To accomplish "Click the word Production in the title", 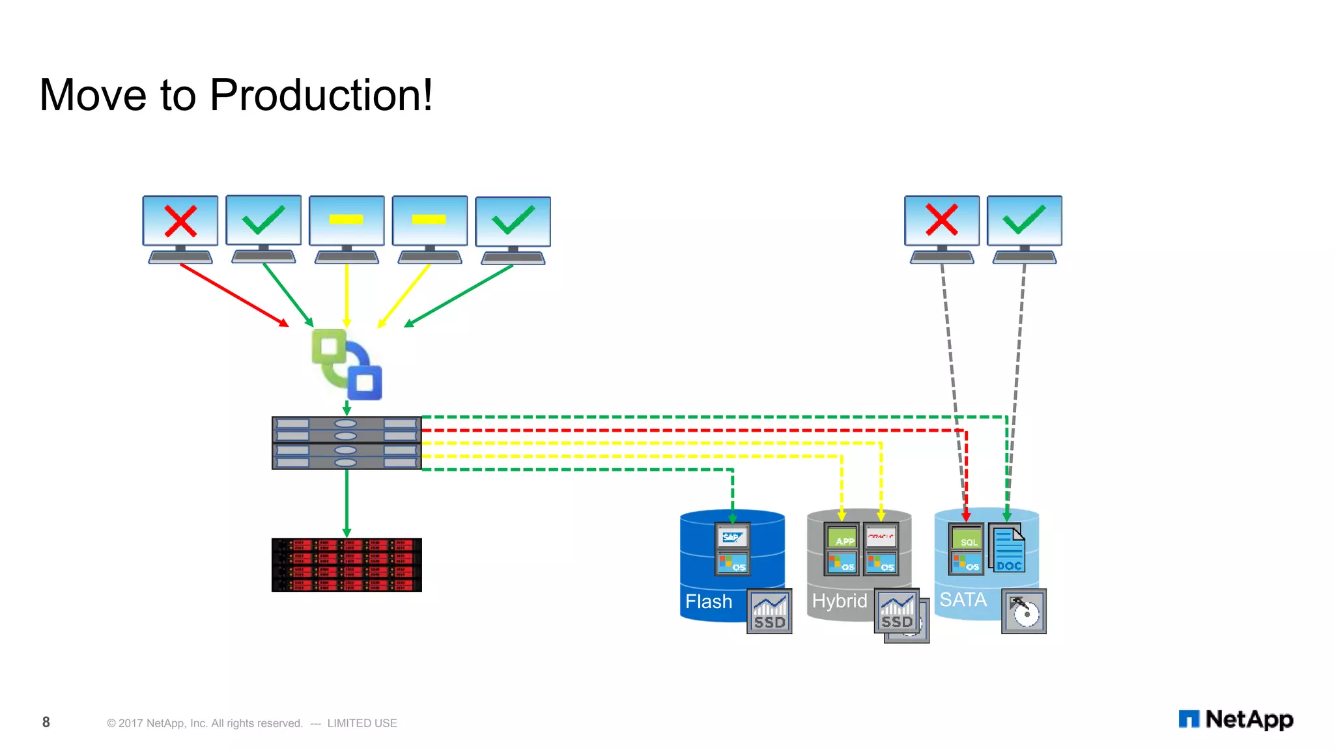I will click(320, 95).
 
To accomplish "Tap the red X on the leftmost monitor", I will click(180, 221).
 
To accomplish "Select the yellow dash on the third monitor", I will click(346, 219).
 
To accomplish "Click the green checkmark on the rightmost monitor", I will click(1025, 219).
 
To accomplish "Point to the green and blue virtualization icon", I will click(347, 365).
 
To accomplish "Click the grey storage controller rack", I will click(347, 443).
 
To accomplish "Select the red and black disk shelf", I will click(347, 564).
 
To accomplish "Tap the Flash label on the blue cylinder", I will click(709, 601).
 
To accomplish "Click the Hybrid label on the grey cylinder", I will click(839, 600).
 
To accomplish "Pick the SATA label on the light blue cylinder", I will click(963, 599).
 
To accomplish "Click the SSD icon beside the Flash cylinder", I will click(769, 611).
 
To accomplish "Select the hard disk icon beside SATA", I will click(1024, 611).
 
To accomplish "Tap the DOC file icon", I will click(1008, 550).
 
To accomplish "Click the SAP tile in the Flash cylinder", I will click(732, 537).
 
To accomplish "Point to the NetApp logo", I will click(1236, 719).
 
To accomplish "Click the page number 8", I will click(46, 722).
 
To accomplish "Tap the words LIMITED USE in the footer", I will click(362, 723).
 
